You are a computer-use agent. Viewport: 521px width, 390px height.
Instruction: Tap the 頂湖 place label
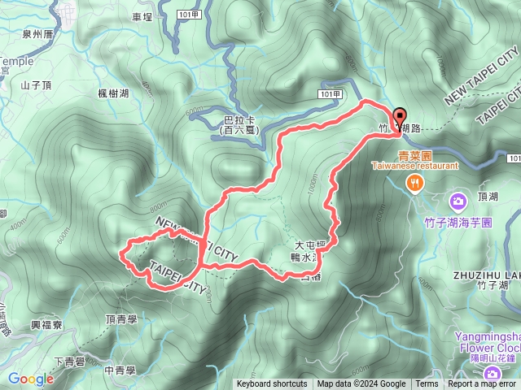[x=488, y=197]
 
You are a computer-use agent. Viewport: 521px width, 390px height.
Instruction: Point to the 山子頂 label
[x=37, y=84]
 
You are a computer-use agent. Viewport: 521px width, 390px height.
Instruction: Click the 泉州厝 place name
[x=37, y=35]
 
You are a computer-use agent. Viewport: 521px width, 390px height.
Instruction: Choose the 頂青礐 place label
[x=122, y=320]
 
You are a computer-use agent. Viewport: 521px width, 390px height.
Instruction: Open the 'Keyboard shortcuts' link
[x=272, y=384]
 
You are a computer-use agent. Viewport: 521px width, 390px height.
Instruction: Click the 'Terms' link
[x=427, y=384]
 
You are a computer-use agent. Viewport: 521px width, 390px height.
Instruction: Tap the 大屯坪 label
[x=310, y=244]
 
